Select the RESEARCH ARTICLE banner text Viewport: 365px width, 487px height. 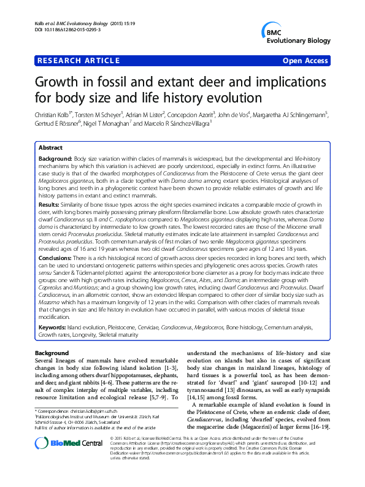pyautogui.click(x=79, y=61)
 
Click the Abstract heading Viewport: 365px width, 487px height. pyautogui.click(x=50, y=148)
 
